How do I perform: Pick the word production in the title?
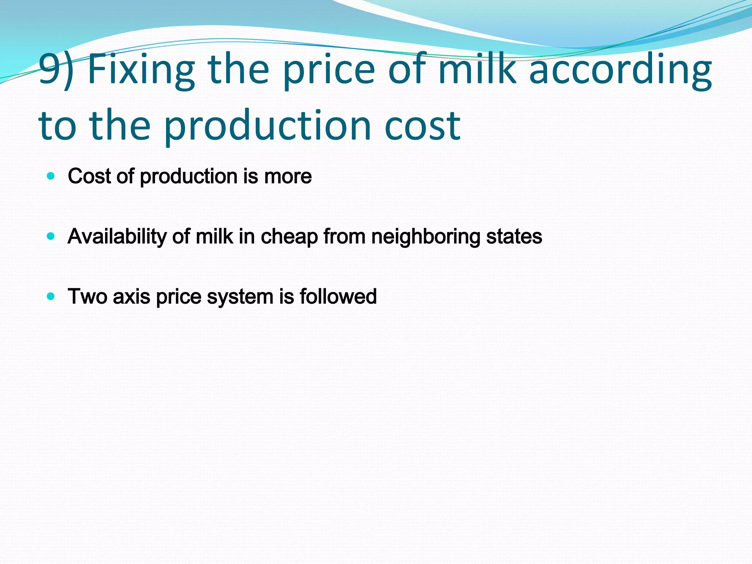coord(267,127)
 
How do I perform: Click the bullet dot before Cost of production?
coord(51,176)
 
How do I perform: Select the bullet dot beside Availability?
coord(51,236)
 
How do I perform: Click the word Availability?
coord(117,237)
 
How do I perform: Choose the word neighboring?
coord(426,237)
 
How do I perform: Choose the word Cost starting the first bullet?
coord(89,177)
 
